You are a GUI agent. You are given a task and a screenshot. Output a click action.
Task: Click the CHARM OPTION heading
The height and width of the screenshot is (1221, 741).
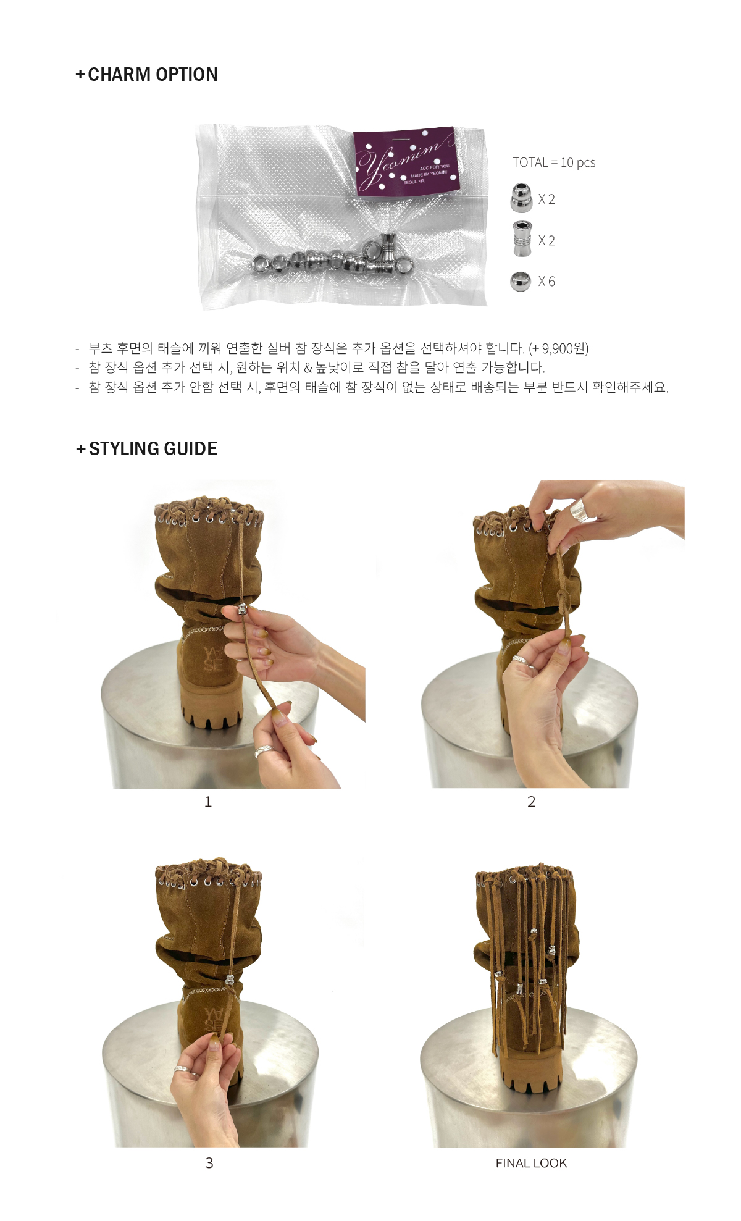click(x=146, y=74)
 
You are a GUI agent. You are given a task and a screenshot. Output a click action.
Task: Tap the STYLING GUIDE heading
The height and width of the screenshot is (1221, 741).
click(x=146, y=448)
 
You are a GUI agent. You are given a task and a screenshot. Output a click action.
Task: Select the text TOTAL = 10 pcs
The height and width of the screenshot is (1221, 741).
click(x=554, y=162)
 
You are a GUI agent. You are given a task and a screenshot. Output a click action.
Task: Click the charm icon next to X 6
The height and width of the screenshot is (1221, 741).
click(x=521, y=282)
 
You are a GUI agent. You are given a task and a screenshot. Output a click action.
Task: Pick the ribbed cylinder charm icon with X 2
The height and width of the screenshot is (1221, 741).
click(x=522, y=238)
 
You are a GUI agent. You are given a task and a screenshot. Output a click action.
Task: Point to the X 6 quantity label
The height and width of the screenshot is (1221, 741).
click(x=546, y=282)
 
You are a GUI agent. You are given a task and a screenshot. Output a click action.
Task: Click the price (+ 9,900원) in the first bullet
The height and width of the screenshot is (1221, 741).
click(x=558, y=348)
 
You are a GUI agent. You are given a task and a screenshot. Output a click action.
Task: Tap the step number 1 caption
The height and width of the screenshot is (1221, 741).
click(x=208, y=802)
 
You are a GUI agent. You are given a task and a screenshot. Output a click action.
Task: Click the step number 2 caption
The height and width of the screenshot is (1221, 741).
click(x=531, y=802)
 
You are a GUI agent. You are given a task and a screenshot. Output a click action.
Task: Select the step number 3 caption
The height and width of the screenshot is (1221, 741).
click(x=209, y=1163)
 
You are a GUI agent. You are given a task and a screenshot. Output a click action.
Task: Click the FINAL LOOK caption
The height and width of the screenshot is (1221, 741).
click(x=531, y=1163)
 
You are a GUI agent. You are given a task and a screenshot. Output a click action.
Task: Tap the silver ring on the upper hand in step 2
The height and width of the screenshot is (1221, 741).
click(x=579, y=510)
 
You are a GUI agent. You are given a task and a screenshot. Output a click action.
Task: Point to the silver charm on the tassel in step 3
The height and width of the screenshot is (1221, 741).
click(x=230, y=980)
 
